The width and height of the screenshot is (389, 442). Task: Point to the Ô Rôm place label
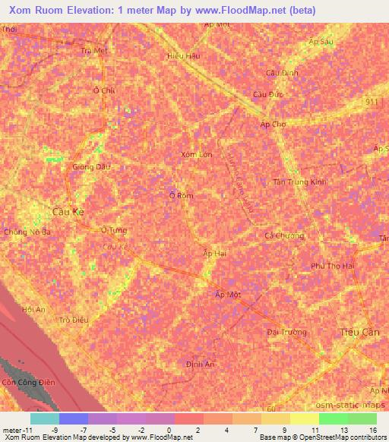click(x=181, y=195)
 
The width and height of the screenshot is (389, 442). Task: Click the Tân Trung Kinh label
click(x=299, y=182)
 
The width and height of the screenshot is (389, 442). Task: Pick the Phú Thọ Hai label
click(x=333, y=266)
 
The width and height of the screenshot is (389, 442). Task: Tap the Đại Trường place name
click(x=287, y=332)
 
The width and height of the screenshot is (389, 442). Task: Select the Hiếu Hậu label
click(x=182, y=55)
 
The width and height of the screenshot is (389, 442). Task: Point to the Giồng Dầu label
click(x=87, y=166)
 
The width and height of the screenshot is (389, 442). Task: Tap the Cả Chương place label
click(x=283, y=235)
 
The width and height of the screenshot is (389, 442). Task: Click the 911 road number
click(x=370, y=101)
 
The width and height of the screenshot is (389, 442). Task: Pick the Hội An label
click(x=34, y=309)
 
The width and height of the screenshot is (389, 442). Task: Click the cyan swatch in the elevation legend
click(x=44, y=418)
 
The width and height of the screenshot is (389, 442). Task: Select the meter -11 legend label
click(x=17, y=429)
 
